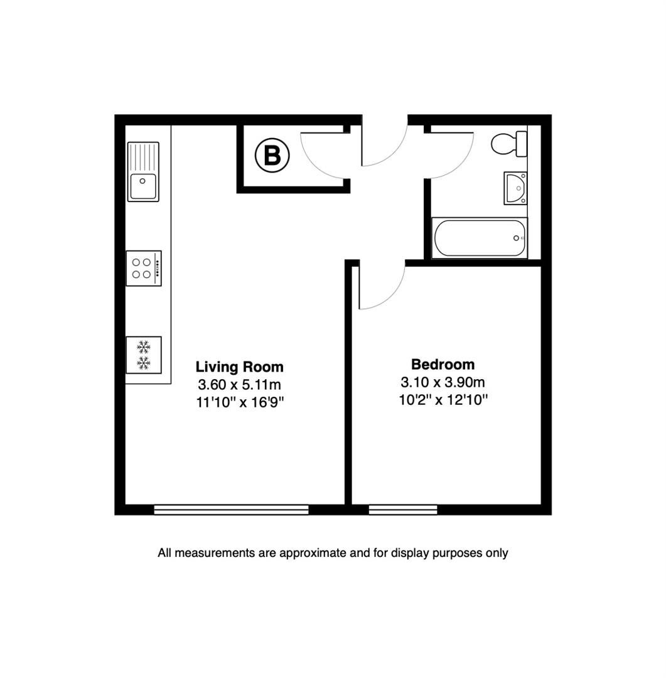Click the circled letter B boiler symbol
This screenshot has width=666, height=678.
coord(272,155)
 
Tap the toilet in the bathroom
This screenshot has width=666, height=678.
coord(509,144)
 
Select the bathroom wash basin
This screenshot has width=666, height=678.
coord(515,188)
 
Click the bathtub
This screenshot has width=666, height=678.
coord(480,239)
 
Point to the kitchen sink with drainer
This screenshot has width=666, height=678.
coord(143,171)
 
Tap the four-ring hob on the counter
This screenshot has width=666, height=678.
coord(144,268)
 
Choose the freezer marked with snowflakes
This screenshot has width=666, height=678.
coord(144,355)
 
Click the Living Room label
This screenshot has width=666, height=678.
coord(240,367)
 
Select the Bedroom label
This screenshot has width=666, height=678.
coord(443,365)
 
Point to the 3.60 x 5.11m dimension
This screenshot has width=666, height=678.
coord(240,384)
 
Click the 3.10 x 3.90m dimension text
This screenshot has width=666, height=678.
coord(443,382)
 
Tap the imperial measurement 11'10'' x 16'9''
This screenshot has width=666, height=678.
coord(240,402)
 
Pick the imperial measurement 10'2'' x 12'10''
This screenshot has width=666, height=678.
coord(443,400)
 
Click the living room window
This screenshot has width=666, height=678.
coord(232,510)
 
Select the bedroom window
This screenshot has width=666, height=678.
coord(403,510)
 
